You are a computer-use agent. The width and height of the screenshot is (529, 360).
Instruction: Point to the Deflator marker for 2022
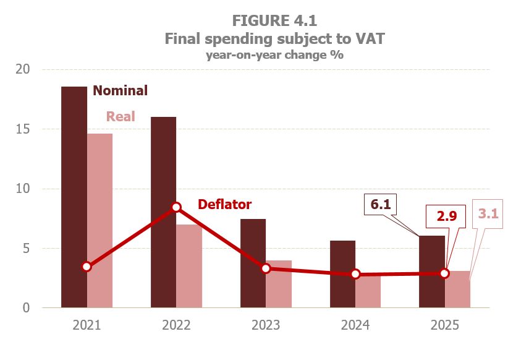coord(176,207)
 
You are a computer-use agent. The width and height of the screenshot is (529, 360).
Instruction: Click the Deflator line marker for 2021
coord(87,267)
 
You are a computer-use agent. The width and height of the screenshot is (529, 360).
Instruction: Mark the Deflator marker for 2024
coord(355,274)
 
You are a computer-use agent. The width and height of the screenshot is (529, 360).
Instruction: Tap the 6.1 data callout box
coord(381,205)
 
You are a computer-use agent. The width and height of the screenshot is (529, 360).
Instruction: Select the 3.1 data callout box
coord(487,214)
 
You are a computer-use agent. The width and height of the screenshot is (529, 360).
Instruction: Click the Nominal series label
coord(121,91)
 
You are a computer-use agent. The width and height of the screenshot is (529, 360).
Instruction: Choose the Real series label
coord(121,116)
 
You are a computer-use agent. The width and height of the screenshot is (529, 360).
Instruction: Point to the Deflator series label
coord(224,204)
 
